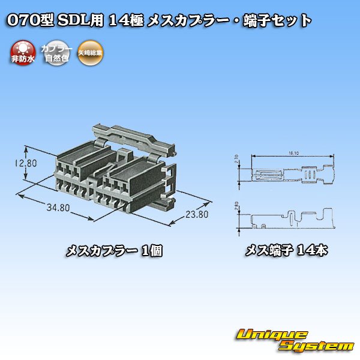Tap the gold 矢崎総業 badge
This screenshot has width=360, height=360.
click(x=90, y=52)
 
